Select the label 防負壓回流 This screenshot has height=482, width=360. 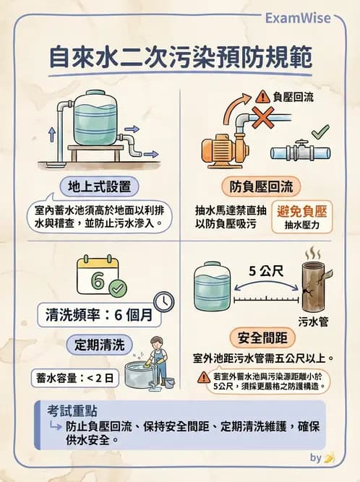[262, 186]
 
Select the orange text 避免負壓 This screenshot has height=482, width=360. [302, 211]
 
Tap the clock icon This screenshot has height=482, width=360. [163, 301]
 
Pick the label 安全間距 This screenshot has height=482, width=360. [261, 337]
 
